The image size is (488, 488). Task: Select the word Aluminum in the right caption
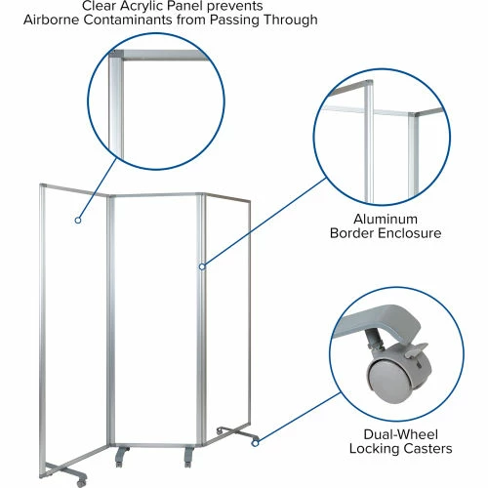[386, 219]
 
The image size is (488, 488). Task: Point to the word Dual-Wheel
[401, 434]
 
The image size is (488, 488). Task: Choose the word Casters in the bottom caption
[427, 448]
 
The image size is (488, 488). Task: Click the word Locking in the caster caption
[373, 449]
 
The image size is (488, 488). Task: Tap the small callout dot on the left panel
[78, 221]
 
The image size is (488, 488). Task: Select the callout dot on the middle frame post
[202, 266]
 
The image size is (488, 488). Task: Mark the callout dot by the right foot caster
[256, 443]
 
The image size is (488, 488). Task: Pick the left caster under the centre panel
[120, 458]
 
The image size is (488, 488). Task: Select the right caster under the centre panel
[188, 458]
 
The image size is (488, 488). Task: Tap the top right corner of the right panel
[249, 202]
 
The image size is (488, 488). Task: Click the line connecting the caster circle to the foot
[300, 418]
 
